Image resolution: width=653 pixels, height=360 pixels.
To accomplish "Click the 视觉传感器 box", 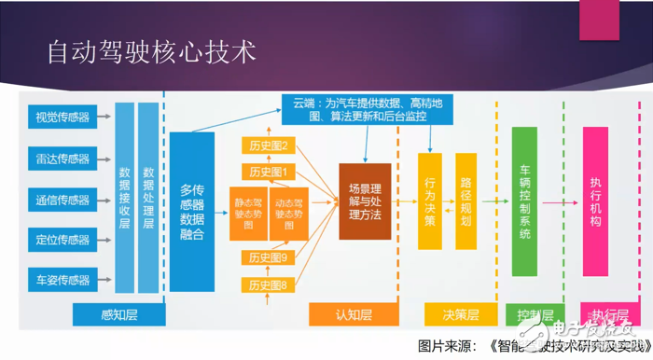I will [63, 118].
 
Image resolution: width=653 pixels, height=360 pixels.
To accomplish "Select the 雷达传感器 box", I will [63, 158].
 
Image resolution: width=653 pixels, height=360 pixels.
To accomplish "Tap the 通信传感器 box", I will [63, 199].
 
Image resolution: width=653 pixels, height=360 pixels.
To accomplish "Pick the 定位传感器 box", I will [63, 239].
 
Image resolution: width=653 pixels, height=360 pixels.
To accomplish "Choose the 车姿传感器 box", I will [63, 279].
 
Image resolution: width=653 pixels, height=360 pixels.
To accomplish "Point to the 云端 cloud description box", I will [368, 109].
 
